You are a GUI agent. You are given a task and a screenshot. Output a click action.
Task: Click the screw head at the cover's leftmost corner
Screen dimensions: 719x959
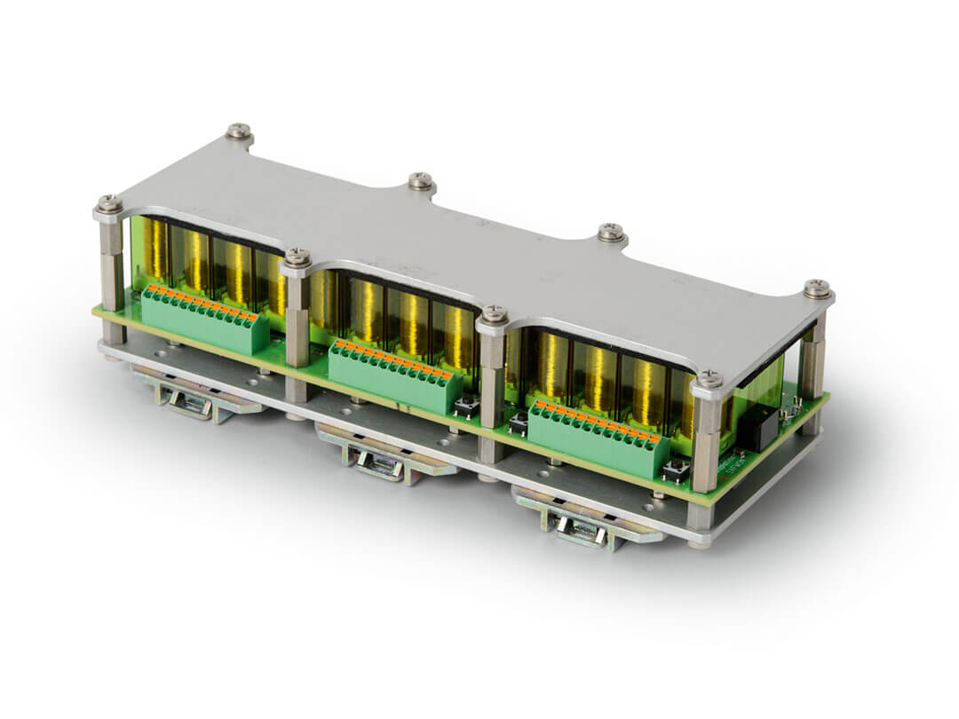point(109,204)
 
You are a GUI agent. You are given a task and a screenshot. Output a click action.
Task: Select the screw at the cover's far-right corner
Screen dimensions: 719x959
point(817,288)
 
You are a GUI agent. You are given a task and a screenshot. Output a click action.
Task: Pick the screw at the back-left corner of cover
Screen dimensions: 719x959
point(238,131)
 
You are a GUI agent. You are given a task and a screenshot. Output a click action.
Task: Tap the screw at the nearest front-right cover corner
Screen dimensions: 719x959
point(709,380)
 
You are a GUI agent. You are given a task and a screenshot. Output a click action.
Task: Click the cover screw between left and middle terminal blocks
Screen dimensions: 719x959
point(297,257)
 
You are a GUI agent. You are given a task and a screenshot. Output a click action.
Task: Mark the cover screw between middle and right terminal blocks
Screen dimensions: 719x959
point(495,314)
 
